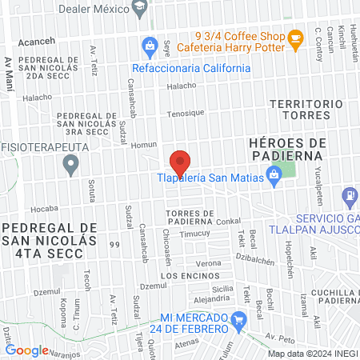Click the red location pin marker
tap(180, 163)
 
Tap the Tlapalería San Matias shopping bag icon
tap(274, 173)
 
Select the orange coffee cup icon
tap(295, 37)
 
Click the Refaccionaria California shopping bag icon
tap(148, 45)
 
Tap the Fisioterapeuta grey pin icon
tap(71, 166)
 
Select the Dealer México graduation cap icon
tap(140, 7)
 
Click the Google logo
tap(26, 350)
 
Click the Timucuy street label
tap(194, 234)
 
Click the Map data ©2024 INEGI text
tap(312, 353)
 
